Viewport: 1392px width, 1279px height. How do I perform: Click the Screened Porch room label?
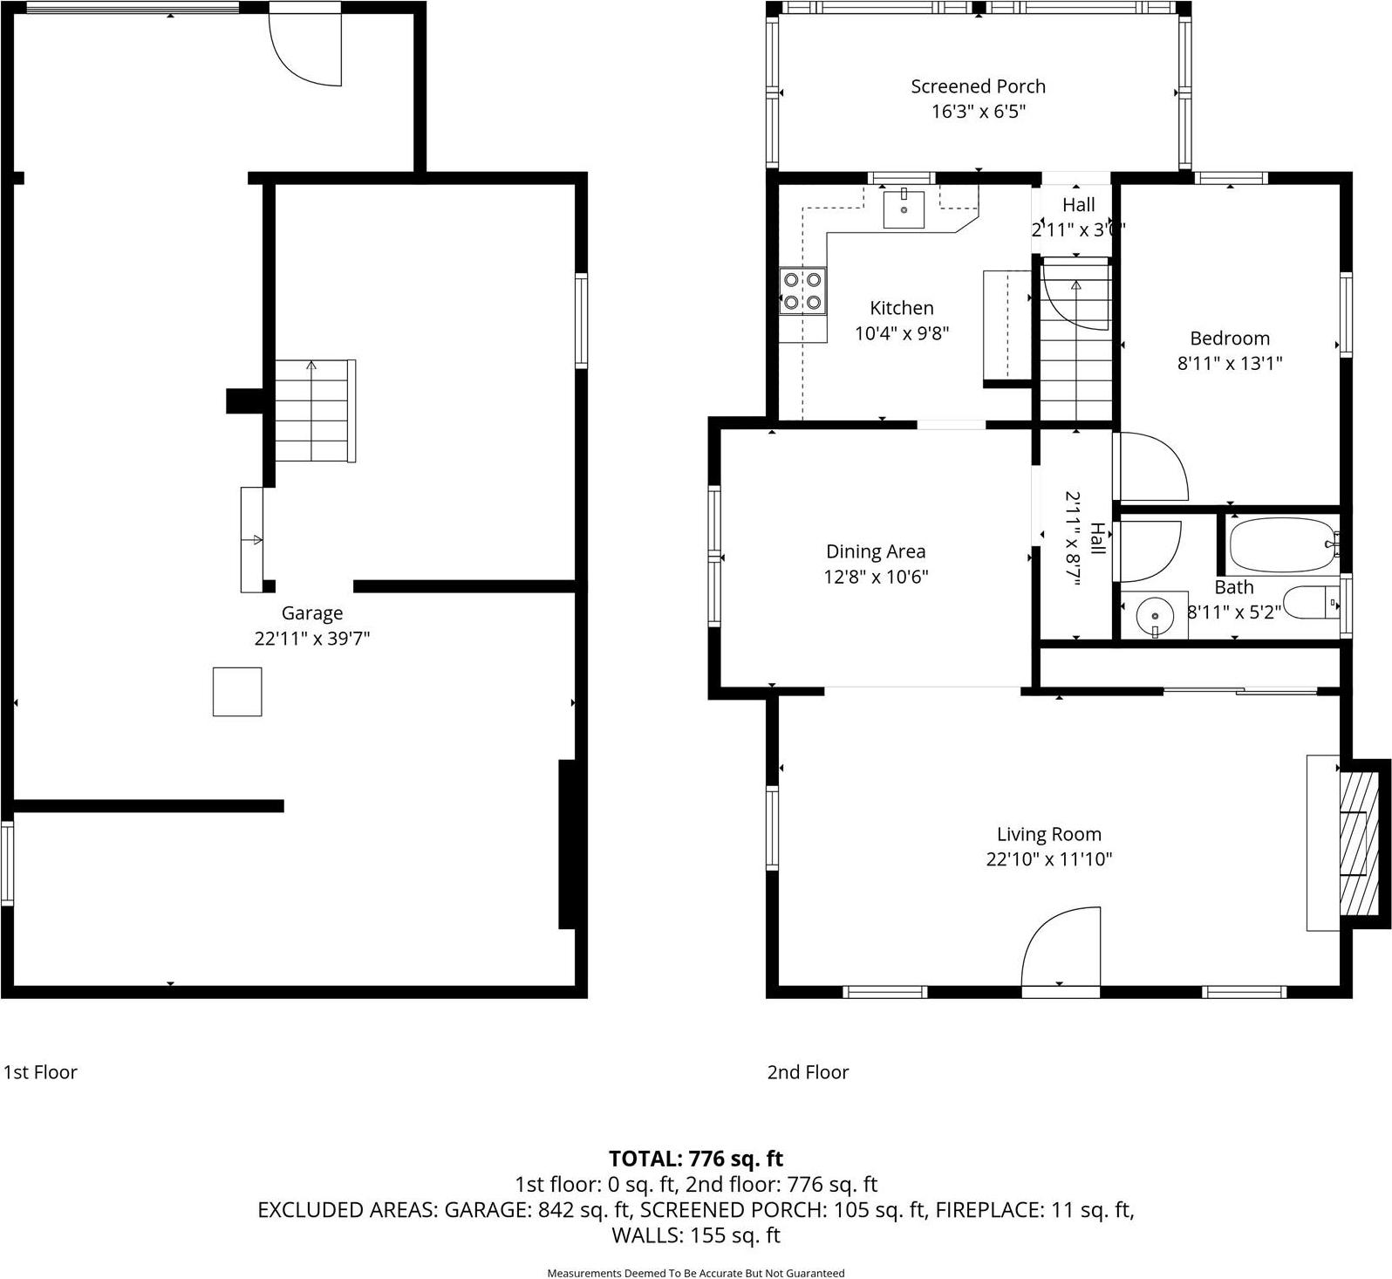point(978,86)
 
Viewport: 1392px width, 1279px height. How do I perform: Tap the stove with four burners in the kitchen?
point(802,291)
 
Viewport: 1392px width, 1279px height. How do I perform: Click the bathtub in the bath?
point(1281,544)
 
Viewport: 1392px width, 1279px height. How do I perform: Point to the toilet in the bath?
point(1314,602)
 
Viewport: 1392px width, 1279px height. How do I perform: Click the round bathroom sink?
point(1153,616)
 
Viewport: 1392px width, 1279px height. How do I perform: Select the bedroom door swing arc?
point(1151,467)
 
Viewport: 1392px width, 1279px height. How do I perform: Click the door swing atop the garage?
point(305,49)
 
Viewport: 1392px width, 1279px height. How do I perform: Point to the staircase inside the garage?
point(315,411)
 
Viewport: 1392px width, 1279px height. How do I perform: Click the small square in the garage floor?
point(237,692)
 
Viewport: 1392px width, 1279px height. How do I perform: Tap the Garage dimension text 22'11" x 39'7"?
point(312,639)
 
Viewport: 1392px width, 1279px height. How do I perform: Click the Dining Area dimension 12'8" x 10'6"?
point(876,577)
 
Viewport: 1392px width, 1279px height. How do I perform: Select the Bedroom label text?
point(1230,339)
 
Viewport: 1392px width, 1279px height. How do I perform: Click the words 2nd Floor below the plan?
point(808,1072)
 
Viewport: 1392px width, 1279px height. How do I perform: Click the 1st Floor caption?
point(40,1072)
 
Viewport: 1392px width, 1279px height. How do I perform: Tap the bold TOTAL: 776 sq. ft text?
point(696,1159)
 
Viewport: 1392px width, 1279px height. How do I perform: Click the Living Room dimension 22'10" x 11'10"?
point(1049,859)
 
